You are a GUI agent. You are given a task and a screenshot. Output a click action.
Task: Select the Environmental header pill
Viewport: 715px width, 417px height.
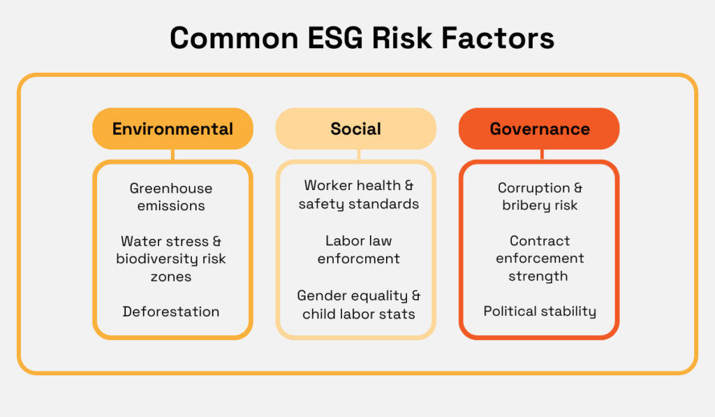[172, 129]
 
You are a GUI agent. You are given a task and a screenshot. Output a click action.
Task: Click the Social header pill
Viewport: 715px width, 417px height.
[355, 129]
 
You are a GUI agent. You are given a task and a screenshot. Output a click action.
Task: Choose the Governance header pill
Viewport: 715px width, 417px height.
[539, 129]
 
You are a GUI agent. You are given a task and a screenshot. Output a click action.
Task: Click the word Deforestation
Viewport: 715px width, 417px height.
[171, 312]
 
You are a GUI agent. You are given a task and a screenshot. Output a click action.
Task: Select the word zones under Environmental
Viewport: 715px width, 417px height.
[171, 277]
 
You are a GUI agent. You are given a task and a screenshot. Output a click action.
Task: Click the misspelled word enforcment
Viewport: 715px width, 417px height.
[359, 258]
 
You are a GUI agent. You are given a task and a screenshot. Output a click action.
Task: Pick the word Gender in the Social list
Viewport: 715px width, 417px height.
[320, 295]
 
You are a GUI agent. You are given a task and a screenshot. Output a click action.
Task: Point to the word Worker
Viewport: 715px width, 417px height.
[328, 186]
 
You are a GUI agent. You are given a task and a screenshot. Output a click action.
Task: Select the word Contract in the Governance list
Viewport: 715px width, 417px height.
[540, 241]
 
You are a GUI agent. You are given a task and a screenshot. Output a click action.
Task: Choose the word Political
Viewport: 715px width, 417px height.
[511, 311]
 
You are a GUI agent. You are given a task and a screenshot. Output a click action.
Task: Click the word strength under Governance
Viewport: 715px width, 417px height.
[538, 276]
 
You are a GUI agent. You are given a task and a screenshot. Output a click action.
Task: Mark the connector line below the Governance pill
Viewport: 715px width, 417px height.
[539, 155]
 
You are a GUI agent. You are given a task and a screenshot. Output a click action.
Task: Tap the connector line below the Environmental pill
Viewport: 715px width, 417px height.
[172, 155]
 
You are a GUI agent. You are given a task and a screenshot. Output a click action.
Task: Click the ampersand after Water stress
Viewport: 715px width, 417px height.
[216, 241]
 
